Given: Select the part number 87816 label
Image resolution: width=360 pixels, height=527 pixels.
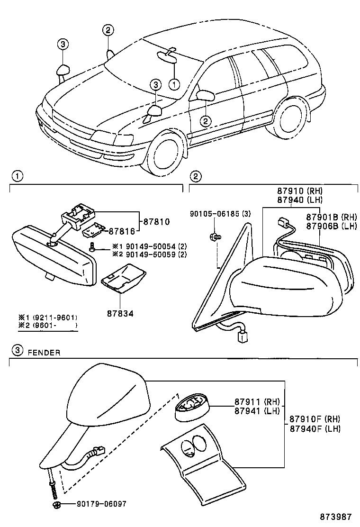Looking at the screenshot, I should [x=122, y=231].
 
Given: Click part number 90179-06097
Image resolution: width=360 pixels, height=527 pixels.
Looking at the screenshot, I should [x=101, y=504].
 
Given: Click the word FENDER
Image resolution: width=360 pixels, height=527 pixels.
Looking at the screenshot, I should [x=44, y=353].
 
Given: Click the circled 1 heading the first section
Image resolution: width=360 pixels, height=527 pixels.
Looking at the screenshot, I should [x=17, y=176].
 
